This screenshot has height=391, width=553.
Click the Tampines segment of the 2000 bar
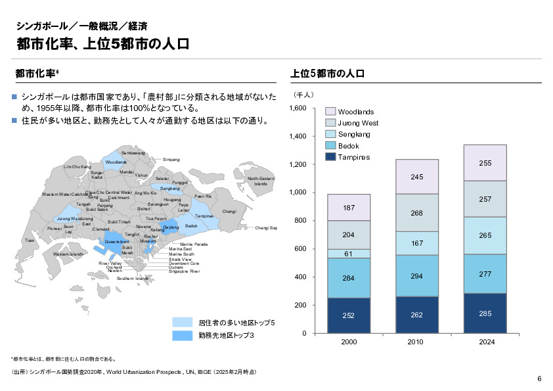[x=349, y=315]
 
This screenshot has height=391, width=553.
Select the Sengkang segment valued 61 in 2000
[x=349, y=254]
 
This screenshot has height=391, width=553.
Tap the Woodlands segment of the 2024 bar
[x=485, y=162]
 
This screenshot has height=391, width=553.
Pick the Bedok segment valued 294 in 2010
[x=417, y=276]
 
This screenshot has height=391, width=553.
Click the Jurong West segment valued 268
[x=417, y=213]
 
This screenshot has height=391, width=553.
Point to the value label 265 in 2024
[x=485, y=235]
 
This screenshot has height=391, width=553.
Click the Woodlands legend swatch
[x=330, y=112]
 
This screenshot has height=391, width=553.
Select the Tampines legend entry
[x=353, y=157]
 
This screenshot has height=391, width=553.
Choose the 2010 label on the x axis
[x=416, y=342]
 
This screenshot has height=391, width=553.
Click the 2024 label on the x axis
[x=485, y=342]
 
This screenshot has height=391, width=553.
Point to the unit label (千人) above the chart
[x=303, y=95]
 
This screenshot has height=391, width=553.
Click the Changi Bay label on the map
[x=266, y=227]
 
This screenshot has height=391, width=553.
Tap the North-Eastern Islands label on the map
[x=261, y=181]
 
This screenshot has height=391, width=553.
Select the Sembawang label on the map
[x=133, y=153]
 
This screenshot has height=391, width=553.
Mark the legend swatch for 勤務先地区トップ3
[x=183, y=336]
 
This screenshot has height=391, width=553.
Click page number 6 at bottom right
[x=539, y=379]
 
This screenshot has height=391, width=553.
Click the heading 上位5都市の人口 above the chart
[x=327, y=73]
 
